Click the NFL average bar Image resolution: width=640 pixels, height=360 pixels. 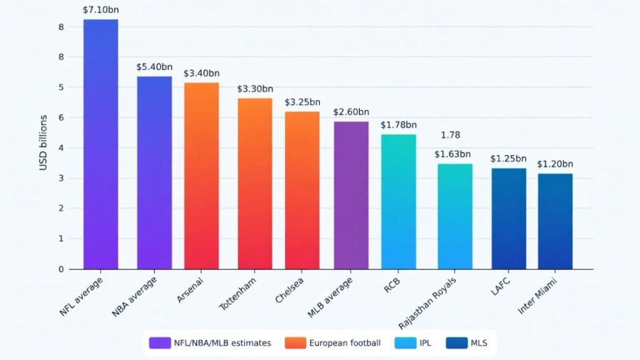(x=101, y=144)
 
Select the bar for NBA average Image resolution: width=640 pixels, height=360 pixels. (x=154, y=172)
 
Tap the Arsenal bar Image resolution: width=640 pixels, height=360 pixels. (x=201, y=176)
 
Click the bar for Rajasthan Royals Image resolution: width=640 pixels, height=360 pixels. (x=454, y=216)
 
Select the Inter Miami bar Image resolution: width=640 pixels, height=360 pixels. (x=555, y=221)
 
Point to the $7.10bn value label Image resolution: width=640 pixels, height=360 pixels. (x=101, y=11)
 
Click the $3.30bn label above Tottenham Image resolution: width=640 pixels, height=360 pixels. (x=255, y=89)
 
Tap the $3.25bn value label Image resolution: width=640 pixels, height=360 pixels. (x=302, y=102)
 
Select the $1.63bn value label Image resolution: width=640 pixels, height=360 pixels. (x=452, y=154)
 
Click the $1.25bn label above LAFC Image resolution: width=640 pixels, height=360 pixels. (x=508, y=159)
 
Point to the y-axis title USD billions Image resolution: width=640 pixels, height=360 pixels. (x=43, y=142)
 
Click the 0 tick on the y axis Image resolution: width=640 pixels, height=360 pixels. (x=61, y=269)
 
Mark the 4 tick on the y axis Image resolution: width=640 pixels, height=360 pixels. (x=61, y=148)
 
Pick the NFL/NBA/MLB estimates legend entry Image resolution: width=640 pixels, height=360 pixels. (x=212, y=343)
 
